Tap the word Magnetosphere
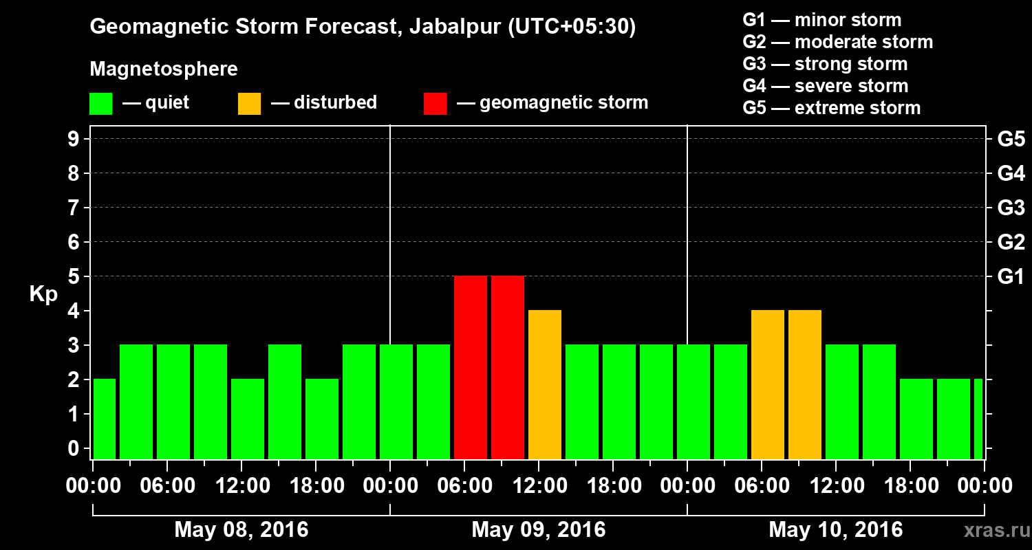tap(164, 69)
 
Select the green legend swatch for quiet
tap(100, 104)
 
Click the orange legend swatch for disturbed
tap(249, 104)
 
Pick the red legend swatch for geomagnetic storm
tap(435, 104)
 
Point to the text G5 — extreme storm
tap(831, 108)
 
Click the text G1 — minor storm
tap(821, 20)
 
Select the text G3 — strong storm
tap(825, 64)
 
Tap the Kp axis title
tap(43, 294)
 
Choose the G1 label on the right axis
tap(1011, 277)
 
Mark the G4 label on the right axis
tap(1011, 174)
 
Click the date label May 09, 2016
tap(539, 530)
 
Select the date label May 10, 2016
tap(835, 530)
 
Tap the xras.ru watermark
tap(993, 530)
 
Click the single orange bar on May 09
tap(545, 384)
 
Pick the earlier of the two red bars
tap(471, 367)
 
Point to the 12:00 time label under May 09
tap(539, 486)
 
